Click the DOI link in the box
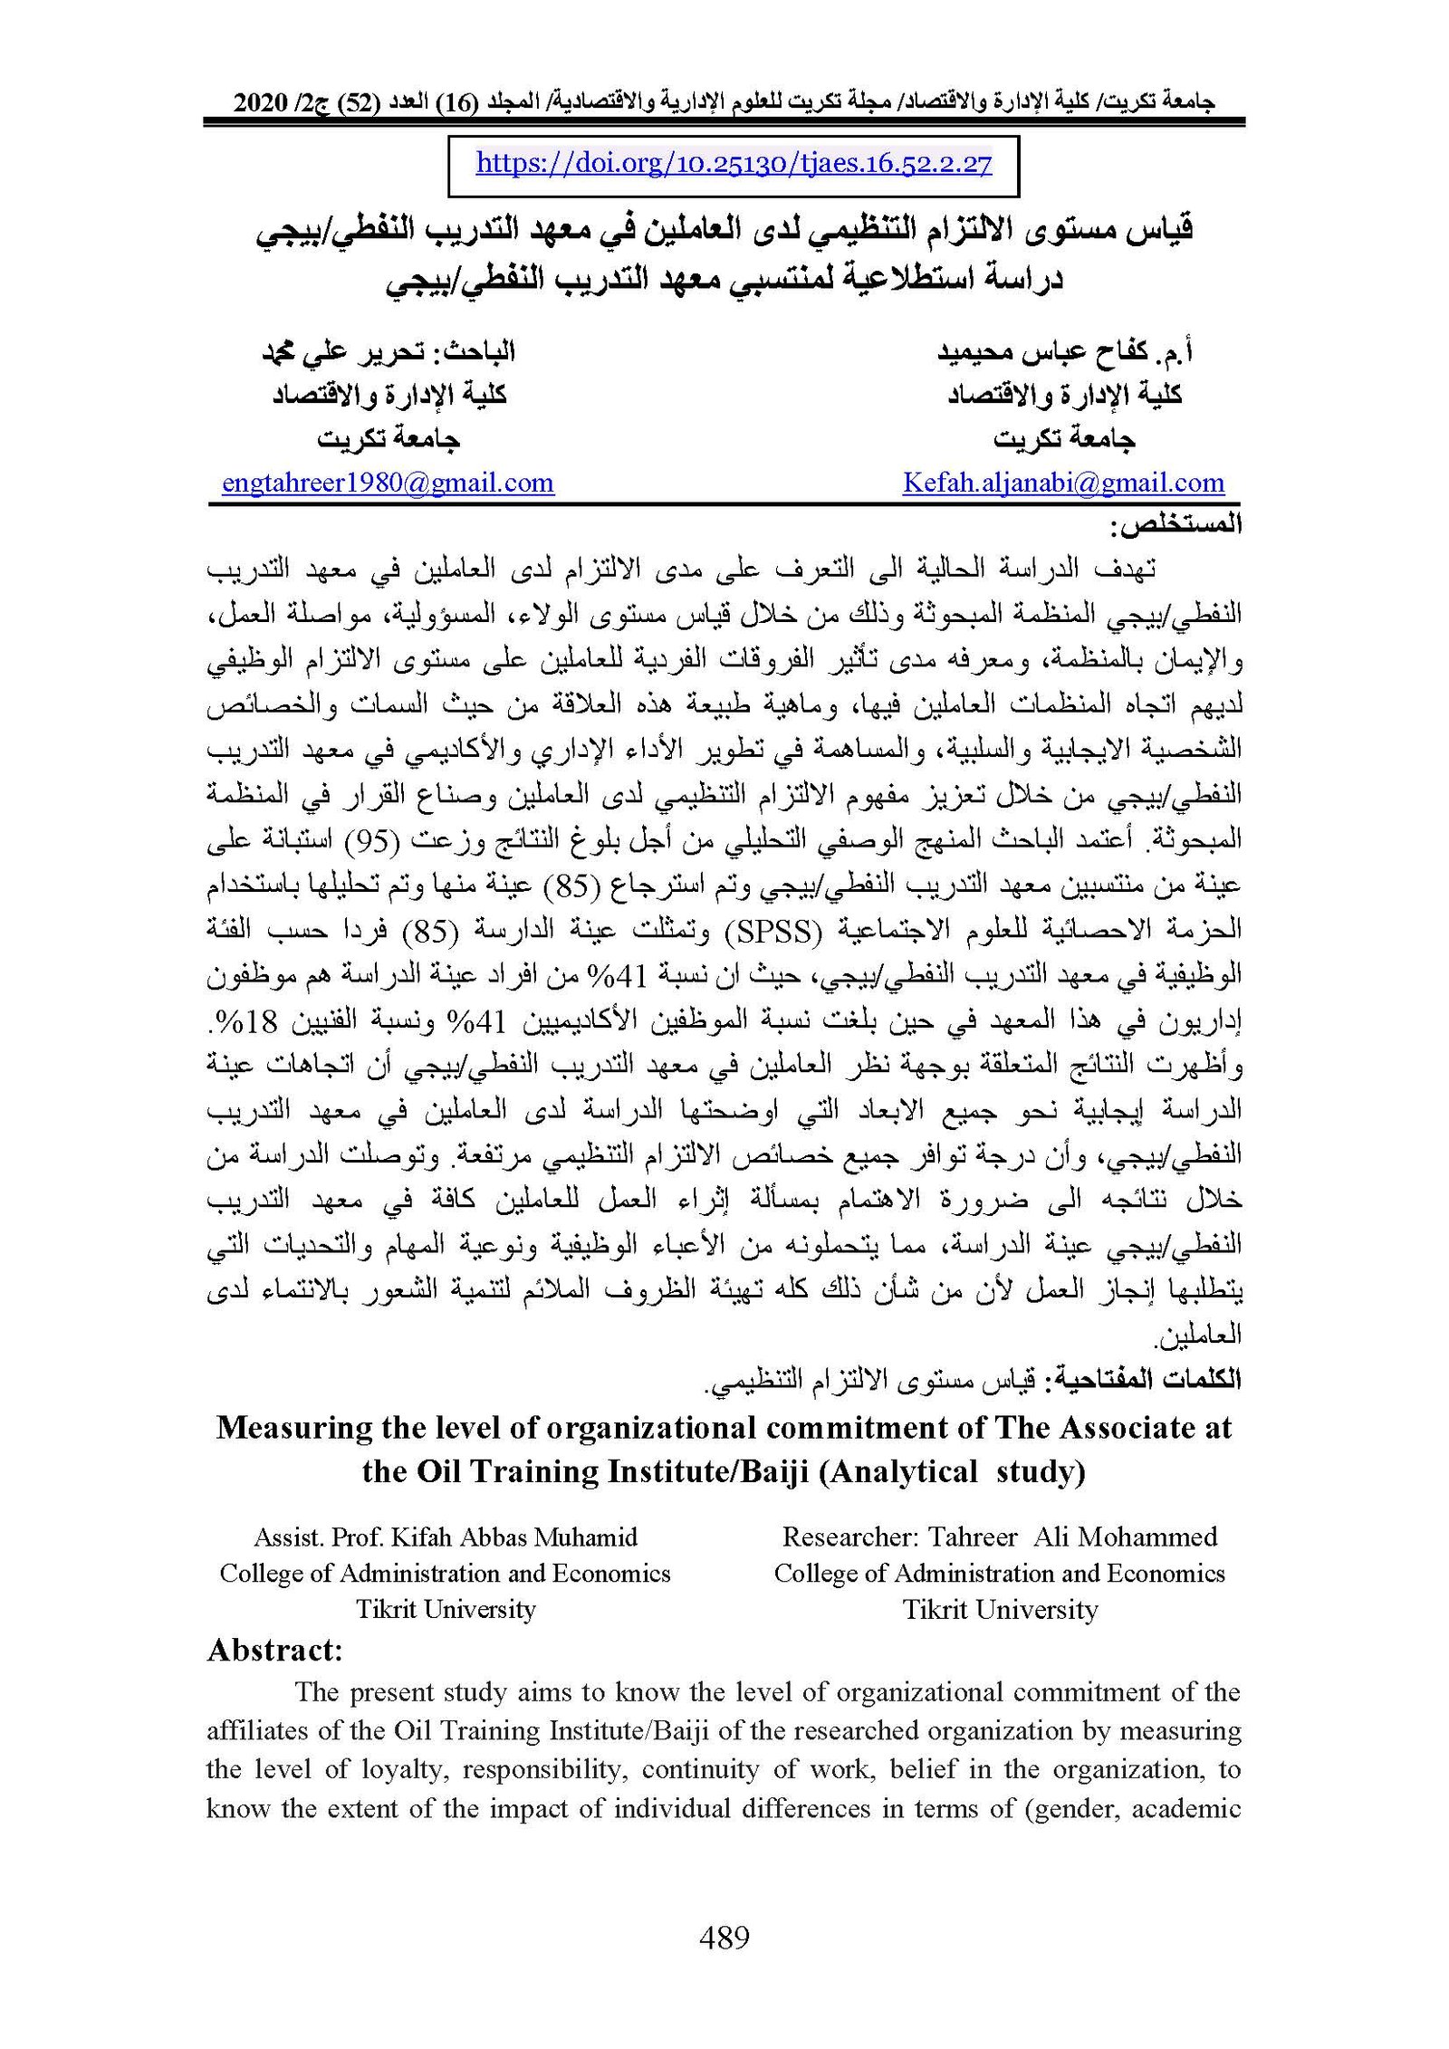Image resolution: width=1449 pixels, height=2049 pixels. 734,164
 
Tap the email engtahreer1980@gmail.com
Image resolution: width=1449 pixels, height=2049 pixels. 388,483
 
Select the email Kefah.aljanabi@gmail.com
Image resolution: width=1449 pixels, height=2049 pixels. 1063,483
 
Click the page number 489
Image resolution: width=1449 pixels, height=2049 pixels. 724,1939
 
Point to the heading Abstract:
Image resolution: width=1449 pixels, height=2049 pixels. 274,1650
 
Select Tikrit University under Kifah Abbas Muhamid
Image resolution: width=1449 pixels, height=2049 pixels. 446,1609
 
